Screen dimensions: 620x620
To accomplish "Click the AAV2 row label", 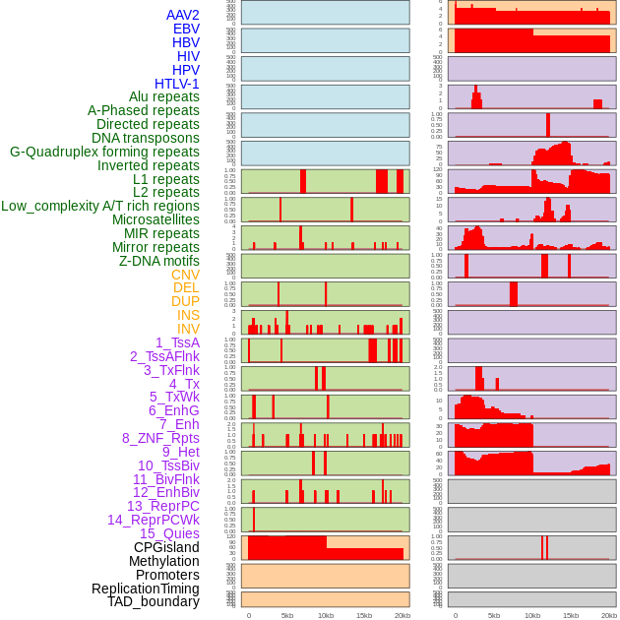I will pos(183,15).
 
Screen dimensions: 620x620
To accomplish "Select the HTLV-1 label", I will pos(177,84).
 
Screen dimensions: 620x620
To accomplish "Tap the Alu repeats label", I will pos(164,96).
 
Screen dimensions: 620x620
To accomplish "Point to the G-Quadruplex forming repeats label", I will pos(104,152).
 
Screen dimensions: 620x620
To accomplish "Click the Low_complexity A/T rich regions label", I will pos(100,206).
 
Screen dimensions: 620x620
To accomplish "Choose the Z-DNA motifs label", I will pos(159,261).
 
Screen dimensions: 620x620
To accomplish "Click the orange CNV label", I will pos(185,275).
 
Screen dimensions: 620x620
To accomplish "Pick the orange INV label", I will pos(188,329).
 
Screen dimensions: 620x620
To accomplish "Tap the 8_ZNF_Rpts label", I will pos(160,438).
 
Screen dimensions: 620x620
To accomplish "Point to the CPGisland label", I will pos(166,547).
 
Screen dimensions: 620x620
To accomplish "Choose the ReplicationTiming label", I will pos(145,589).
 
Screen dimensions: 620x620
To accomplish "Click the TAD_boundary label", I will pos(154,601).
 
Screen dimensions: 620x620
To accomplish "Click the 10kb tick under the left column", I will pos(326,615).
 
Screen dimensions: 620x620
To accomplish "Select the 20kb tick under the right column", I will pos(609,615).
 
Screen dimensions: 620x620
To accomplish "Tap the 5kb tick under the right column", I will pos(494,615).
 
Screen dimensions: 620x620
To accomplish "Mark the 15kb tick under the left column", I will pos(364,615).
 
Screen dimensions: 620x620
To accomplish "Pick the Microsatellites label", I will pos(155,219).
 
